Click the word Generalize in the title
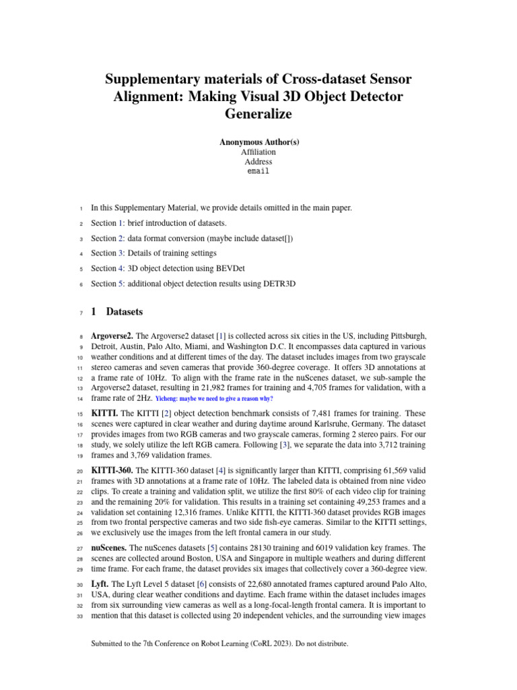click(x=258, y=114)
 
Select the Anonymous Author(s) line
click(x=258, y=142)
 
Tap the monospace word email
click(x=258, y=171)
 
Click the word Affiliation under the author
click(x=258, y=152)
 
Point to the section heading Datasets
click(x=124, y=313)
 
